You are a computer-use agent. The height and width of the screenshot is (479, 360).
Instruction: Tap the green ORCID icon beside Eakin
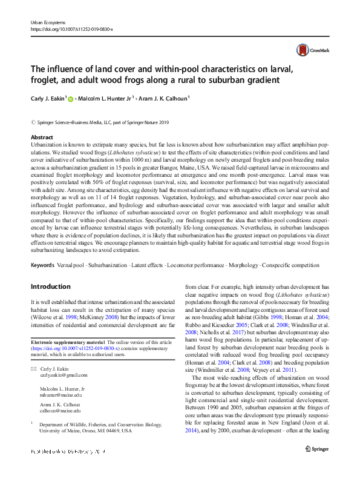point(70,99)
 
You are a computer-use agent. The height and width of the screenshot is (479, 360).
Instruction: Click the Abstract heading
point(42,137)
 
